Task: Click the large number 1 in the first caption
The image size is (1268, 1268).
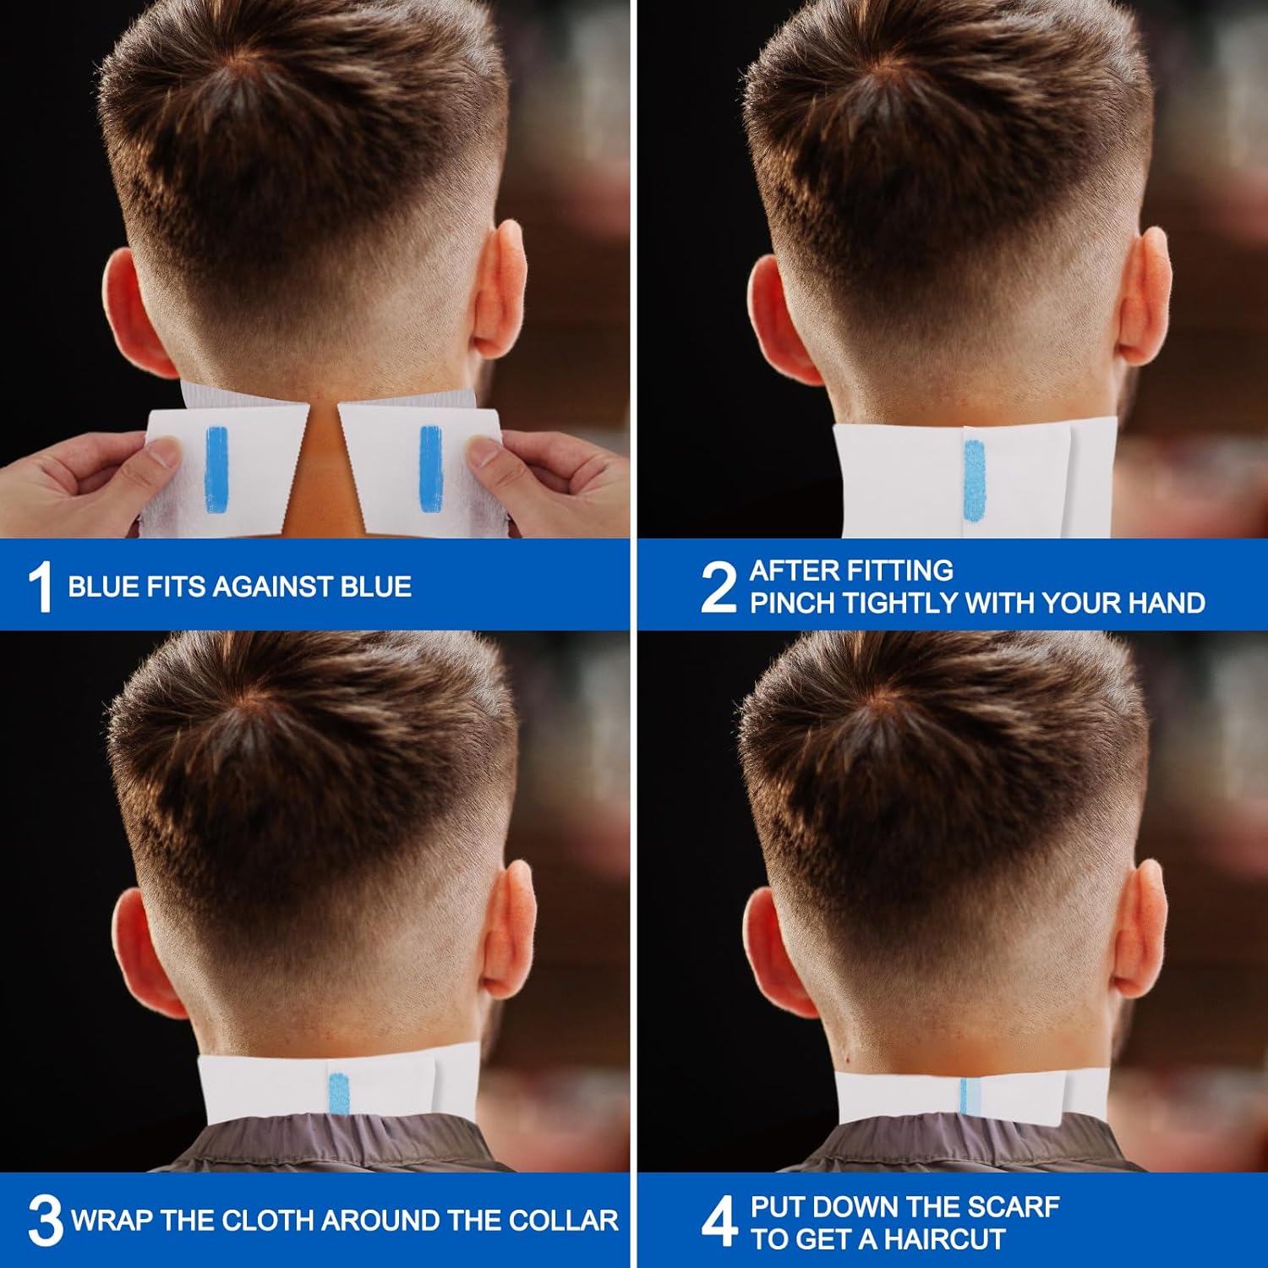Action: coord(40,586)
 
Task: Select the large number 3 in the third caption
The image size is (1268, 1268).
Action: coord(44,1220)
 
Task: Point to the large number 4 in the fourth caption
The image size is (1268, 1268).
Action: coord(719,1222)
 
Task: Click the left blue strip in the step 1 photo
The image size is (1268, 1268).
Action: coord(216,468)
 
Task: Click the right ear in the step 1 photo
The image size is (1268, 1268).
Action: coord(498,292)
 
